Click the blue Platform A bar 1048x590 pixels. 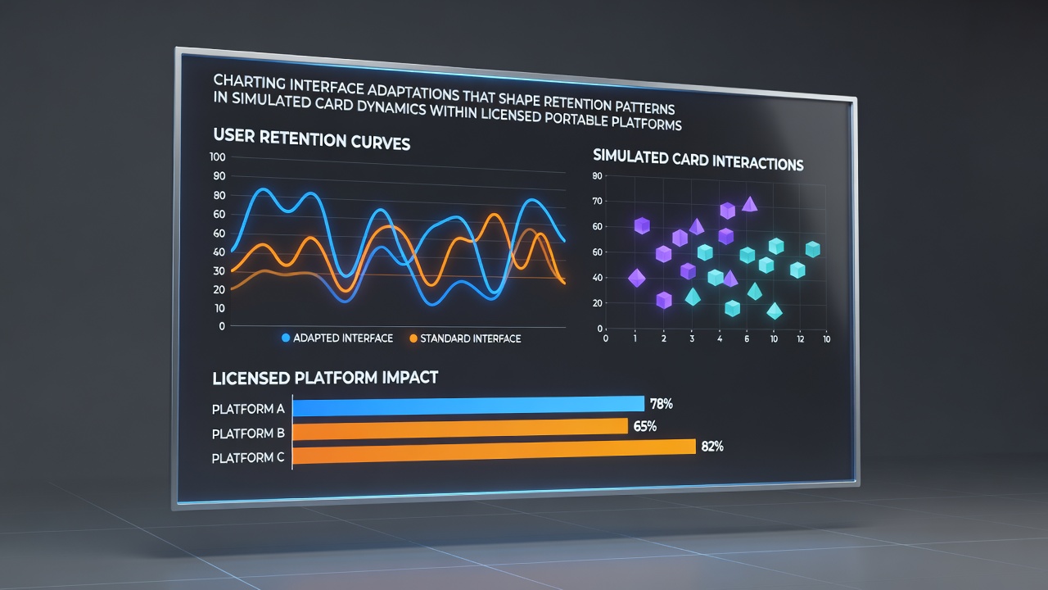tap(468, 406)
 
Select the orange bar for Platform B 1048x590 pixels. tap(460, 429)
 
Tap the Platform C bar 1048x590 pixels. tap(494, 452)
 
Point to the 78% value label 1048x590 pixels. tap(661, 404)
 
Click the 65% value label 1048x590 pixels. tap(644, 426)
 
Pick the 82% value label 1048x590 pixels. tap(712, 447)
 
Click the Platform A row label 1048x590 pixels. tap(248, 409)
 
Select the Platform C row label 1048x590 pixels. tap(248, 457)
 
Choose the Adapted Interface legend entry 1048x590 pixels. tap(337, 338)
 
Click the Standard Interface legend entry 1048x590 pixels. tap(465, 338)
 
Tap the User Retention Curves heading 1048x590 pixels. tap(312, 139)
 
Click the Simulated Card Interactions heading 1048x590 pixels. tap(698, 160)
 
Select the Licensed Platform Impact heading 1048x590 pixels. tap(325, 378)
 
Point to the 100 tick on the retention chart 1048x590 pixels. tap(218, 157)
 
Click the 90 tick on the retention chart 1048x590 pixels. tap(219, 176)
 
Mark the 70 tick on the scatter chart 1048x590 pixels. tap(597, 202)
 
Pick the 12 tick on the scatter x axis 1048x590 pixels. tap(801, 339)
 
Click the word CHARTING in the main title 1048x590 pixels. tap(250, 82)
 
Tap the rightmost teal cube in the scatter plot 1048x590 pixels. tap(813, 249)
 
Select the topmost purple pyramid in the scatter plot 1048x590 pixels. tap(749, 204)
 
